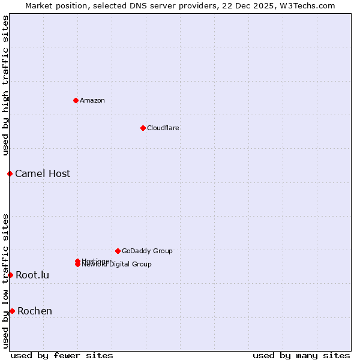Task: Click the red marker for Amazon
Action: pos(76,100)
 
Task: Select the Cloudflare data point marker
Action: pos(143,128)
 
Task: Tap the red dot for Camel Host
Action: pos(10,173)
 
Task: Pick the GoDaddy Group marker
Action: pos(118,251)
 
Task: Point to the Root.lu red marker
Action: pos(10,275)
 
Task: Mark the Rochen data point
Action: pos(12,311)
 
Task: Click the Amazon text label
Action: pos(92,100)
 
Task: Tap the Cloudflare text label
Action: pos(163,128)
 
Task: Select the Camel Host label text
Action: pos(43,173)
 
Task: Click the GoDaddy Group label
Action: pos(147,251)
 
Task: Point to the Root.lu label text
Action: pos(32,275)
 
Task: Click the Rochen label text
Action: pos(35,311)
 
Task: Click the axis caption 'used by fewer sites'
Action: pos(62,356)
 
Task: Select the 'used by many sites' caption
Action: pos(301,356)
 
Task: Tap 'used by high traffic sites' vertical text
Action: pos(6,85)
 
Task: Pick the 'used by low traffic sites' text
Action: pos(6,281)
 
